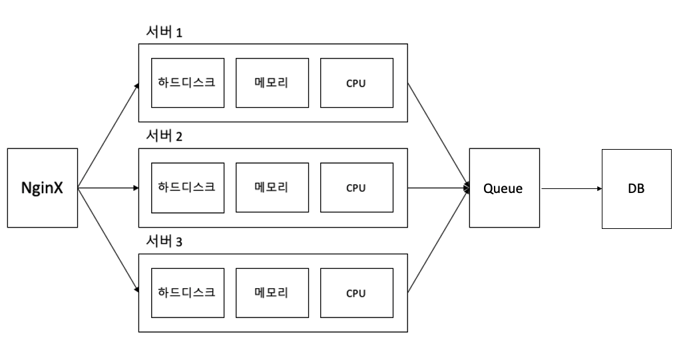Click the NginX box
pos(43,188)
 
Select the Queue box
pos(505,188)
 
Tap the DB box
pos(636,188)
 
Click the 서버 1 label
pos(164,32)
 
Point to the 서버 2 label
pos(164,136)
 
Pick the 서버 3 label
pos(164,241)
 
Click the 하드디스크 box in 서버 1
pos(187,83)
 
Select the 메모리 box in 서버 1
pos(272,83)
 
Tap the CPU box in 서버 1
pos(357,83)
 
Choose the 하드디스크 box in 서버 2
pos(187,188)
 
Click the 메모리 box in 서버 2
pos(272,188)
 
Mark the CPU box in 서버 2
pos(357,188)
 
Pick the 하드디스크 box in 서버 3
pos(187,293)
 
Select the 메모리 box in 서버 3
pos(272,293)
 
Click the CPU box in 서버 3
pos(357,293)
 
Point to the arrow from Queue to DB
pos(571,188)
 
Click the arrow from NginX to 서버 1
pos(109,136)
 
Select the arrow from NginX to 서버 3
pos(109,240)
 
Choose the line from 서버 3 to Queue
pos(439,240)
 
